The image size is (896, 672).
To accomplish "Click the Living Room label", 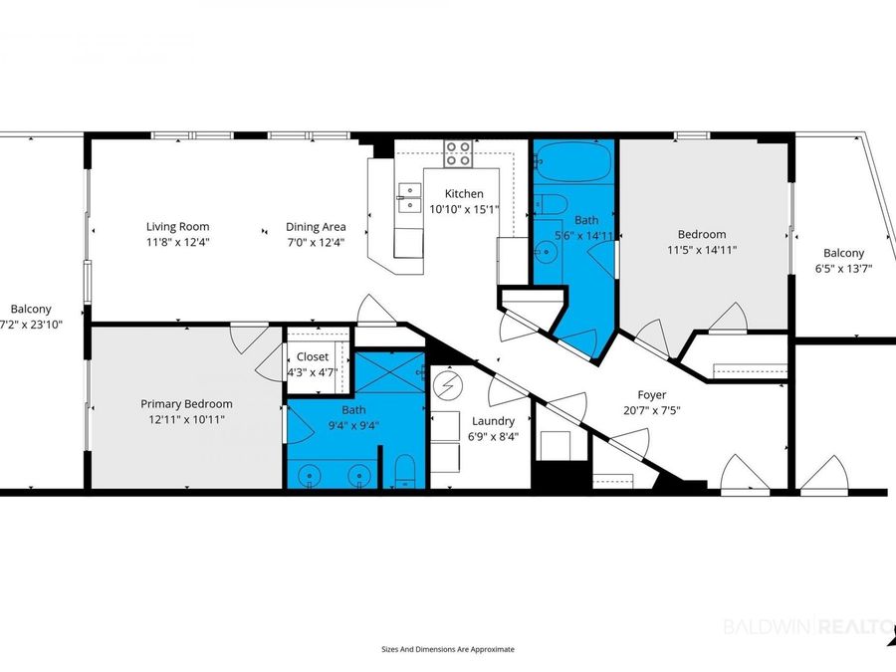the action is coord(178,227).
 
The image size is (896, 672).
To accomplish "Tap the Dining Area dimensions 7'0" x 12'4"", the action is coord(316,242).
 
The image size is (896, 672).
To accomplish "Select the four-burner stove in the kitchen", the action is coord(459,153).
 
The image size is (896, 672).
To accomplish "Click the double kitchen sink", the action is coord(410,198).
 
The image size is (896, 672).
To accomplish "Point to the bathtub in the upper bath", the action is coord(572,161).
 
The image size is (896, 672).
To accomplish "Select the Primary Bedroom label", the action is coord(187,404).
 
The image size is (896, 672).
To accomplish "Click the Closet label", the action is coord(313,356).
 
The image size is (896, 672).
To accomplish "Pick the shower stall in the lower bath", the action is coord(390,372).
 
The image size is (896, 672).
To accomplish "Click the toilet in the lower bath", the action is coord(405,472).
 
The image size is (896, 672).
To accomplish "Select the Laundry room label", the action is coord(493,421).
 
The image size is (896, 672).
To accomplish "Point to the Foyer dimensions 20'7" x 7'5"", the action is coord(652,410).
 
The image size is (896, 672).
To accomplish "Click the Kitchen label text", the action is coord(464,194).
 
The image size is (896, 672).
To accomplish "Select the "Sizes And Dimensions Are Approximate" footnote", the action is coord(448,649).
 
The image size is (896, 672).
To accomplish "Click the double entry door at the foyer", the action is coord(746,472).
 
